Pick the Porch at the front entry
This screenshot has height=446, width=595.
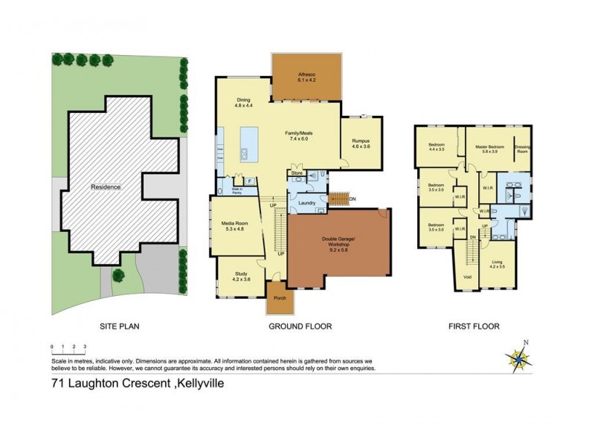pyautogui.click(x=280, y=298)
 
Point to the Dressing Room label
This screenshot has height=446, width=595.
pyautogui.click(x=522, y=149)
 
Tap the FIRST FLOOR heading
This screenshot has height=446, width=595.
pyautogui.click(x=474, y=326)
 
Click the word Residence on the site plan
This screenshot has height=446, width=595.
pyautogui.click(x=106, y=187)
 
